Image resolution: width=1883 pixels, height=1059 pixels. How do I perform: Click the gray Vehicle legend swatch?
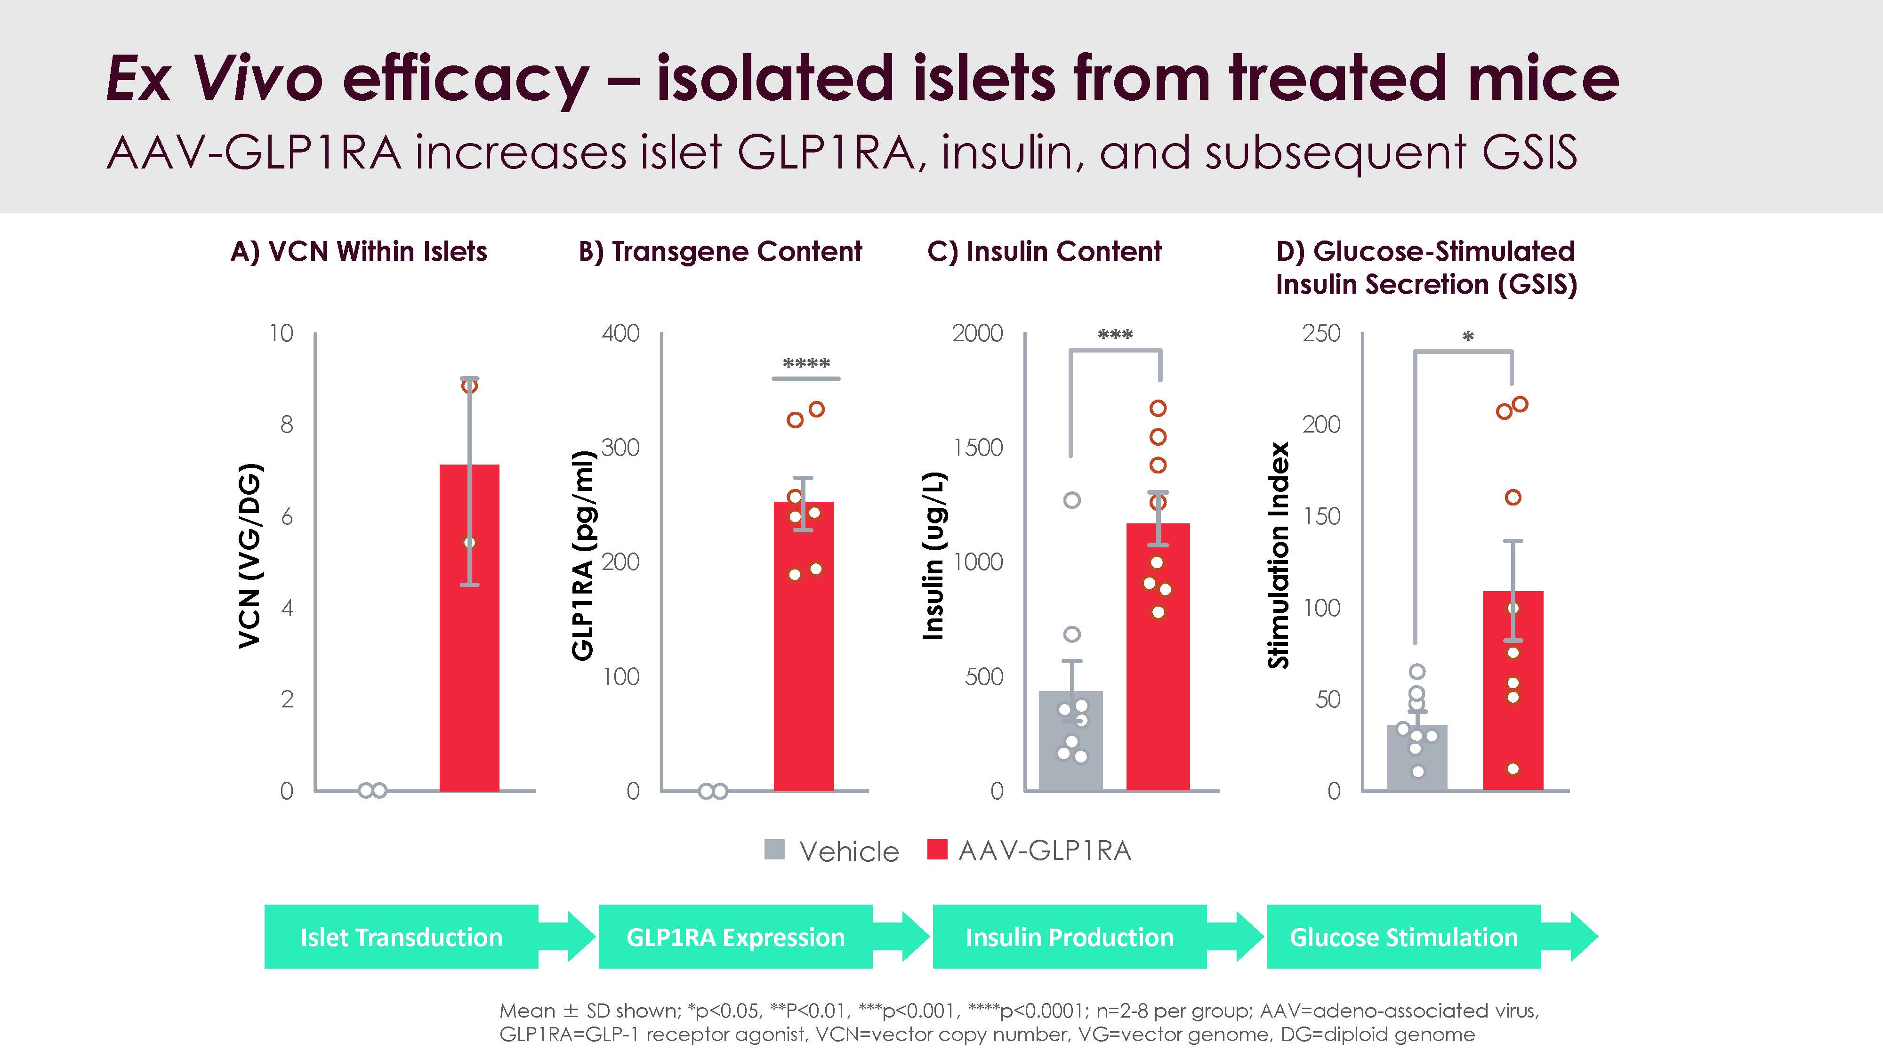point(774,850)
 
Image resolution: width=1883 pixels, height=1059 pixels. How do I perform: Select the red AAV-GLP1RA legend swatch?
point(937,850)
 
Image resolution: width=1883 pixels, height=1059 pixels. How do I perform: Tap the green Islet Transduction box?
point(401,937)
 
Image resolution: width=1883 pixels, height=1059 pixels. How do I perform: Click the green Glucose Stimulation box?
point(1403,937)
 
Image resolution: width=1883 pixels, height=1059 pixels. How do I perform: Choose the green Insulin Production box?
point(1070,937)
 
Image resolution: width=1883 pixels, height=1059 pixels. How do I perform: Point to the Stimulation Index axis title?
point(1279,555)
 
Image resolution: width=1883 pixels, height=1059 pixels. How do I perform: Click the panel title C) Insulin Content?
point(1044,251)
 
